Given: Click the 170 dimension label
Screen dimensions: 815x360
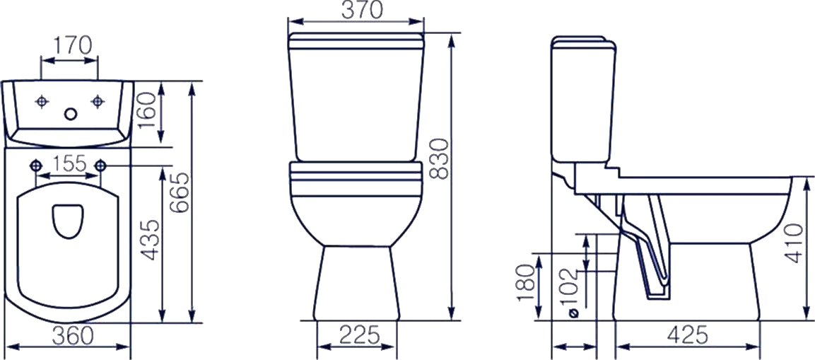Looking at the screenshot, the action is [71, 46].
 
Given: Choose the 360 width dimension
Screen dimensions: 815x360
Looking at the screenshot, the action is [74, 336].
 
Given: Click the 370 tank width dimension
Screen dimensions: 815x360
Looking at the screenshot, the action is [363, 11].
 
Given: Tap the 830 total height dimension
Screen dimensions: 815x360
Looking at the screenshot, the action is [439, 159].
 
